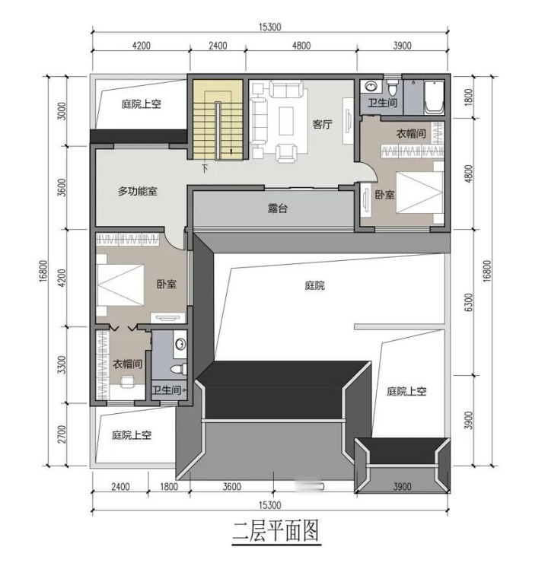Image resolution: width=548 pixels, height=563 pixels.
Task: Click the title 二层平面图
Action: click(276, 531)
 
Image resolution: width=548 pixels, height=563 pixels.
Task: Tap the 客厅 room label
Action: click(323, 125)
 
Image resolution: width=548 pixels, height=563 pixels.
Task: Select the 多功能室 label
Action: click(138, 191)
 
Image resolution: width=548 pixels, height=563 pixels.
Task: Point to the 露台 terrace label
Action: click(278, 208)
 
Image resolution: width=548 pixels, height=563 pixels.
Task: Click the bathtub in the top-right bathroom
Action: click(434, 97)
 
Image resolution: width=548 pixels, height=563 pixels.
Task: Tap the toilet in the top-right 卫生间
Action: click(392, 86)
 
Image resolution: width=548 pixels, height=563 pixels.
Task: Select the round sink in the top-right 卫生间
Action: click(371, 86)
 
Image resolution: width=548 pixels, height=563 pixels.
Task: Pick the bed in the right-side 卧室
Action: click(419, 192)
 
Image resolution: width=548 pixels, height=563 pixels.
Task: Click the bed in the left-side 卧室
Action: click(120, 285)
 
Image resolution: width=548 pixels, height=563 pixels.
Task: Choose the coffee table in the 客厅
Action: click(287, 121)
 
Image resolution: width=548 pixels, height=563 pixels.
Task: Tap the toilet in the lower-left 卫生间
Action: click(178, 369)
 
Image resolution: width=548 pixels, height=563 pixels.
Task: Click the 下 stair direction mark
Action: click(205, 168)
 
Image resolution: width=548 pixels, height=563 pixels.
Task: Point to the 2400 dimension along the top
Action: click(218, 46)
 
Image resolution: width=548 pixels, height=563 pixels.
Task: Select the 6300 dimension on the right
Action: click(468, 304)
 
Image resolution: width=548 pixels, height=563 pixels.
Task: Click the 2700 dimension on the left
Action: click(62, 434)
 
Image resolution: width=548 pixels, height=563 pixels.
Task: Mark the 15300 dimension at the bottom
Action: click(269, 505)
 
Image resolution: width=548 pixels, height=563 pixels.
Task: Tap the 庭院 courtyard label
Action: click(314, 286)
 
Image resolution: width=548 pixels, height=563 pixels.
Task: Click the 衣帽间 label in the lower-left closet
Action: click(128, 364)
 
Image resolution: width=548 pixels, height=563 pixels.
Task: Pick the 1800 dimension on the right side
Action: click(468, 97)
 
